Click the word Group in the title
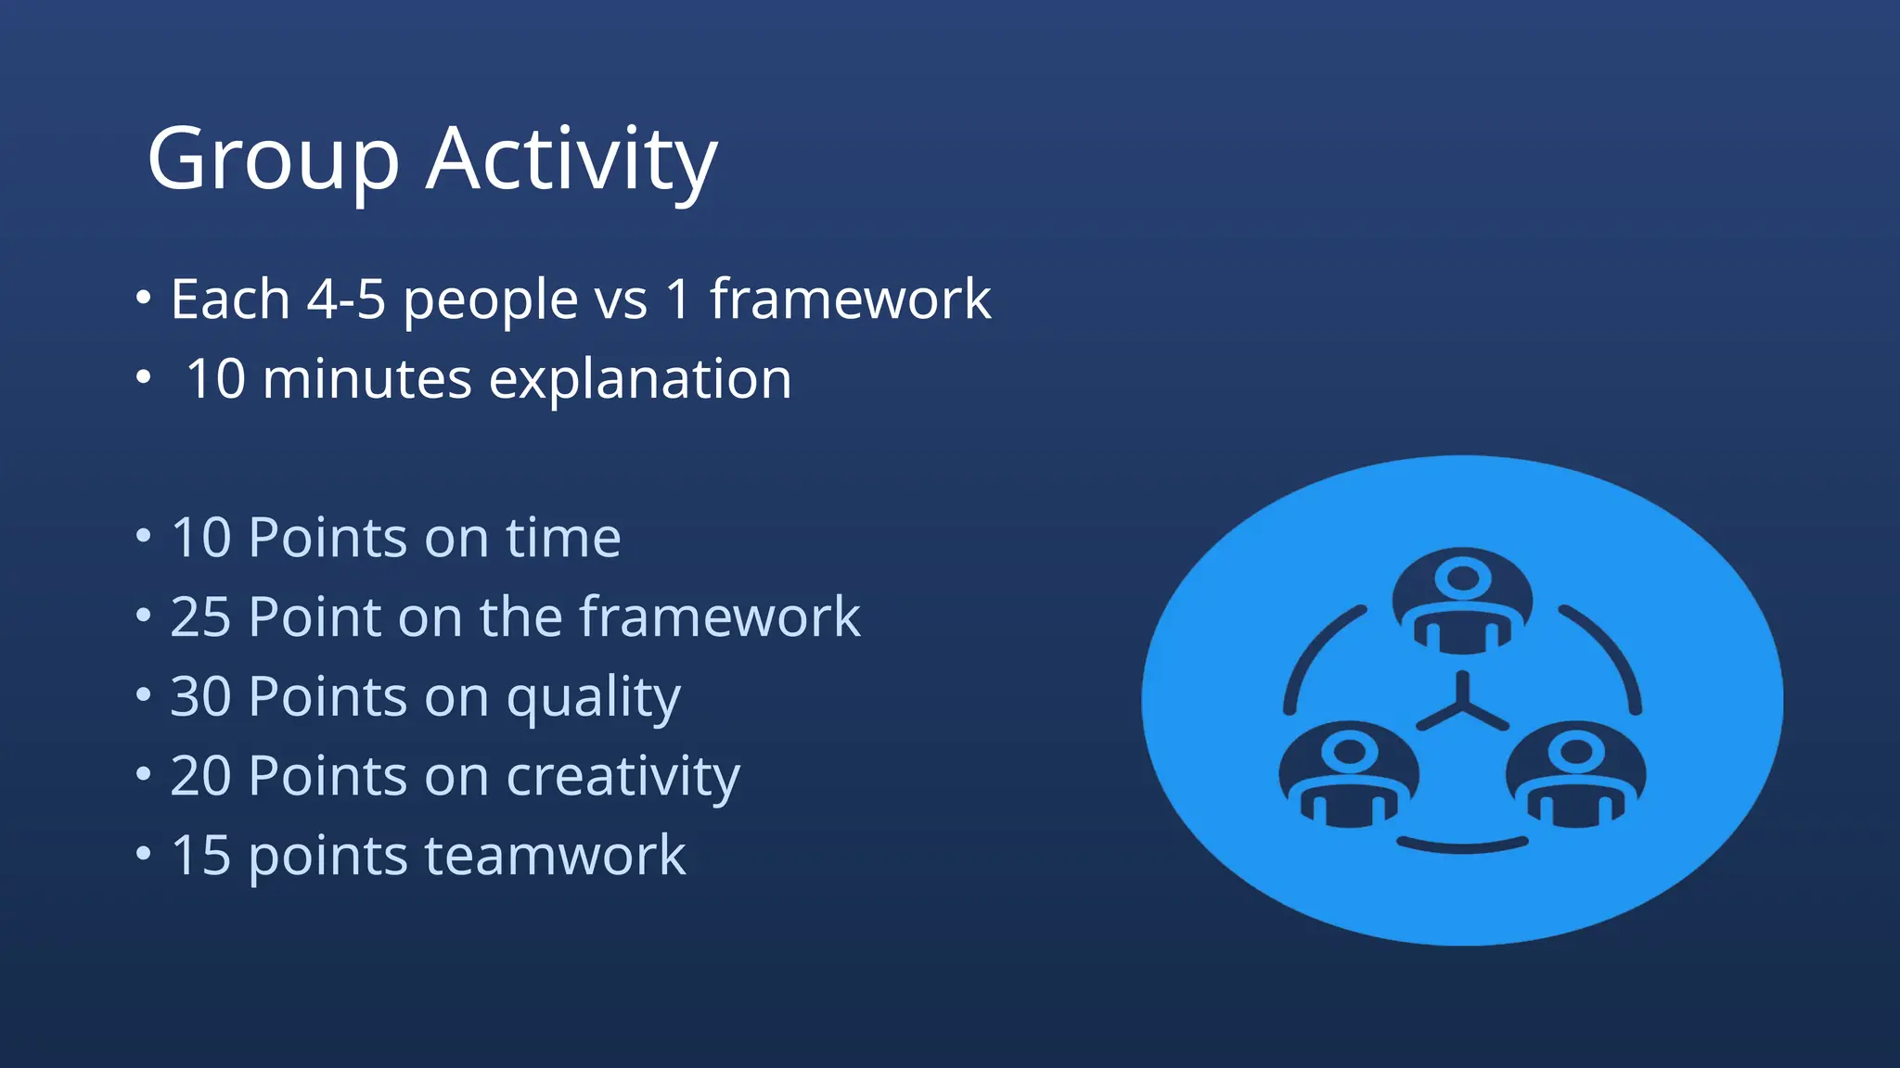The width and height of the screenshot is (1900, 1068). coord(273,159)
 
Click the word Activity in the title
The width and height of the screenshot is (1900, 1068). coord(571,159)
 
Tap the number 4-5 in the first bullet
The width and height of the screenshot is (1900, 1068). coord(345,299)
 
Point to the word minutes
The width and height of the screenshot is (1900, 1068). coord(367,379)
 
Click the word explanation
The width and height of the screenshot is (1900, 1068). coord(640,379)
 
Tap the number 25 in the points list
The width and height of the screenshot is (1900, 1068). coord(200,617)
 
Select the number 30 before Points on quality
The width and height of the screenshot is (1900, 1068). coord(200,696)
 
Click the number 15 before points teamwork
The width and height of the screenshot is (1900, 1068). coord(200,855)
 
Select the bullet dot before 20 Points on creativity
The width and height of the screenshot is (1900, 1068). coord(143,773)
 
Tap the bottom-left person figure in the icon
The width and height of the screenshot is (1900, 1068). coord(1348,775)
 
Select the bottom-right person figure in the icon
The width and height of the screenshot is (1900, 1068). coord(1575,775)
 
